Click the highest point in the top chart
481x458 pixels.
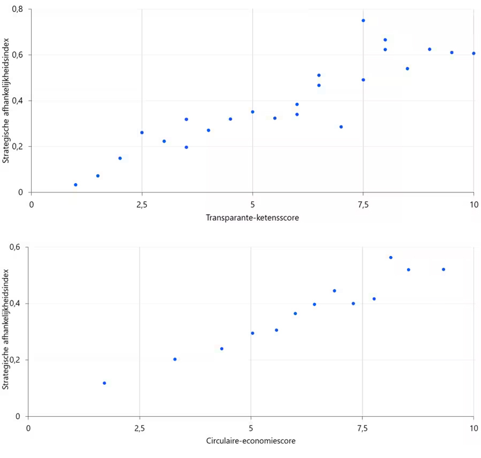[x=363, y=20]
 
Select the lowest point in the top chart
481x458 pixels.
[x=75, y=185]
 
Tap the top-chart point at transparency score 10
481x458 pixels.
[x=474, y=53]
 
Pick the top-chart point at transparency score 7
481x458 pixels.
[x=341, y=127]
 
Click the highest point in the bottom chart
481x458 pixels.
[x=391, y=258]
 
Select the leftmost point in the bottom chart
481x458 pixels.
[x=104, y=383]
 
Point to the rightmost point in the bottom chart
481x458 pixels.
[x=444, y=269]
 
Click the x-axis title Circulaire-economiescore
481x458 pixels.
[x=251, y=441]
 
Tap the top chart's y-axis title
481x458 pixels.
[x=7, y=101]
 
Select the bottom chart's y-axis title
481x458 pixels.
[x=7, y=332]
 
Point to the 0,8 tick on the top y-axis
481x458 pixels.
[x=18, y=9]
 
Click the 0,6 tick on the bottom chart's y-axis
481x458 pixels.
[x=15, y=247]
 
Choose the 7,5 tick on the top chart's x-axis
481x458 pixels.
[x=363, y=205]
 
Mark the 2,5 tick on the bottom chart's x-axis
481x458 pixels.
[x=139, y=428]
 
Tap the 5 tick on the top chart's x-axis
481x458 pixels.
[x=252, y=205]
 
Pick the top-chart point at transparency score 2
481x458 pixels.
[x=120, y=158]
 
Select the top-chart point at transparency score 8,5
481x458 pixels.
[x=407, y=68]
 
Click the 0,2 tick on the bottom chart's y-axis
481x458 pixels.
[x=15, y=360]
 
